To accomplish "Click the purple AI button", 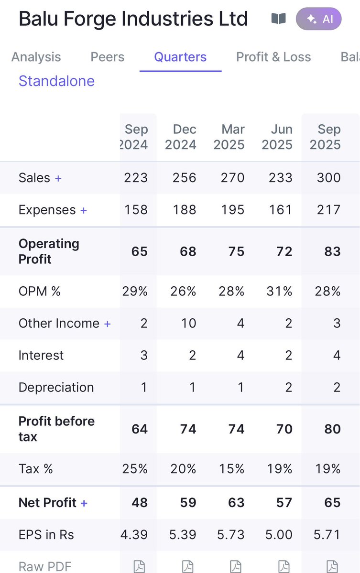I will [x=318, y=19].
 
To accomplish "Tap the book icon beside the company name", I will [x=278, y=19].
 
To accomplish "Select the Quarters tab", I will [x=180, y=57].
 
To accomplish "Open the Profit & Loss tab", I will [x=273, y=57].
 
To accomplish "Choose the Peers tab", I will [x=108, y=57].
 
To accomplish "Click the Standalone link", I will [x=56, y=81].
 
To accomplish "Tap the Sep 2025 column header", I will [x=325, y=137].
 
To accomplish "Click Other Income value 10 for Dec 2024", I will [x=188, y=323].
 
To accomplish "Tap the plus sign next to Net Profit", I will [x=84, y=503].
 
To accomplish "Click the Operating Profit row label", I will [x=49, y=251].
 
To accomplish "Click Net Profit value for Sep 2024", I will [x=139, y=503].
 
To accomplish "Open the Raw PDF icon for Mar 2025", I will [x=236, y=566].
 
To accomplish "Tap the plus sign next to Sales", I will [x=58, y=178].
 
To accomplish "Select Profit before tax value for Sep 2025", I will [x=332, y=429].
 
